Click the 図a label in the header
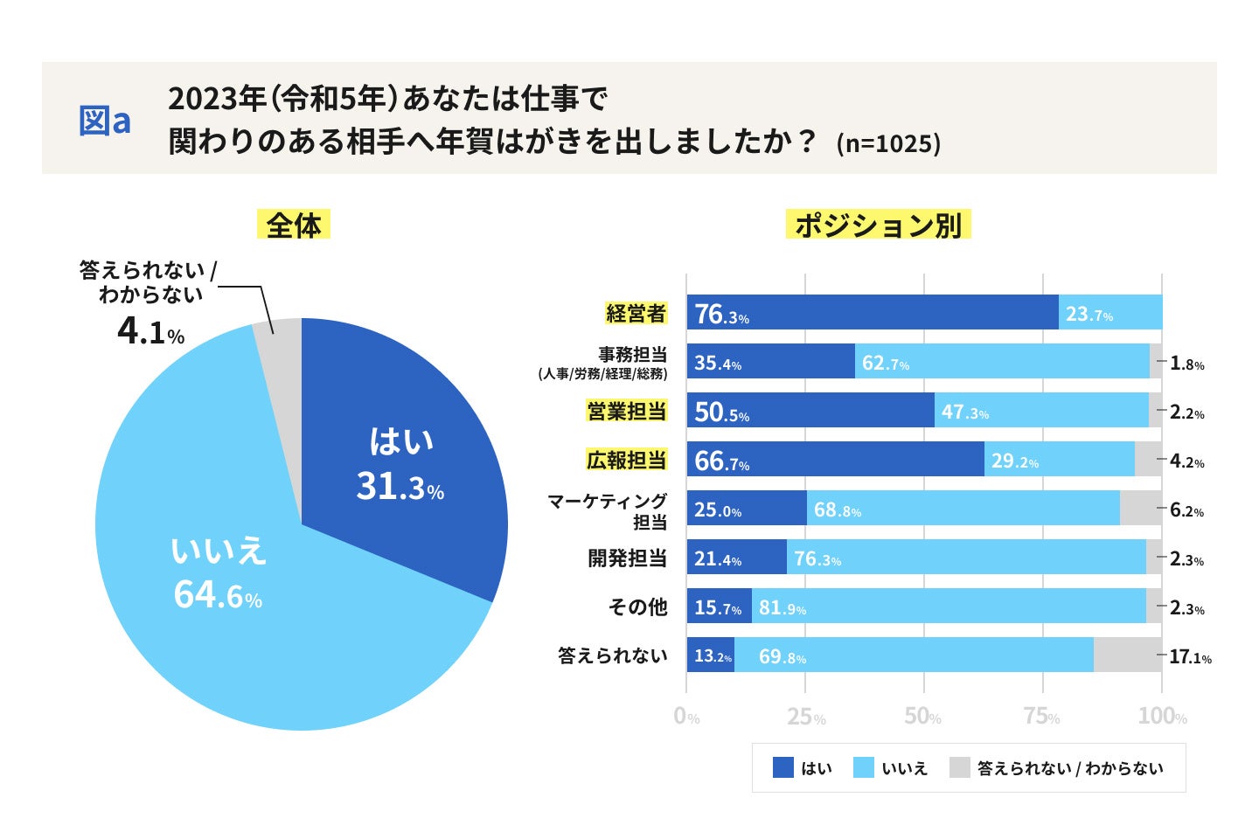point(105,121)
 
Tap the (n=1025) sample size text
point(888,143)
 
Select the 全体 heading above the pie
point(294,225)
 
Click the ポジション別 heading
point(879,225)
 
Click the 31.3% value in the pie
point(400,487)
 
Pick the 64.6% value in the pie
point(218,595)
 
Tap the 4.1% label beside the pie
point(150,332)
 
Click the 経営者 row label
point(636,313)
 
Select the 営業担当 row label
point(627,411)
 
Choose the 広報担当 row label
point(627,460)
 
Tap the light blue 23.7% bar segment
point(1110,312)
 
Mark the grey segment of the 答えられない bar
point(1128,655)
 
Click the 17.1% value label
point(1190,656)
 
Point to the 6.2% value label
point(1186,510)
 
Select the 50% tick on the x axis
point(923,717)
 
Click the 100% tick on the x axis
point(1162,717)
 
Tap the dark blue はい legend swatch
point(783,767)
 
